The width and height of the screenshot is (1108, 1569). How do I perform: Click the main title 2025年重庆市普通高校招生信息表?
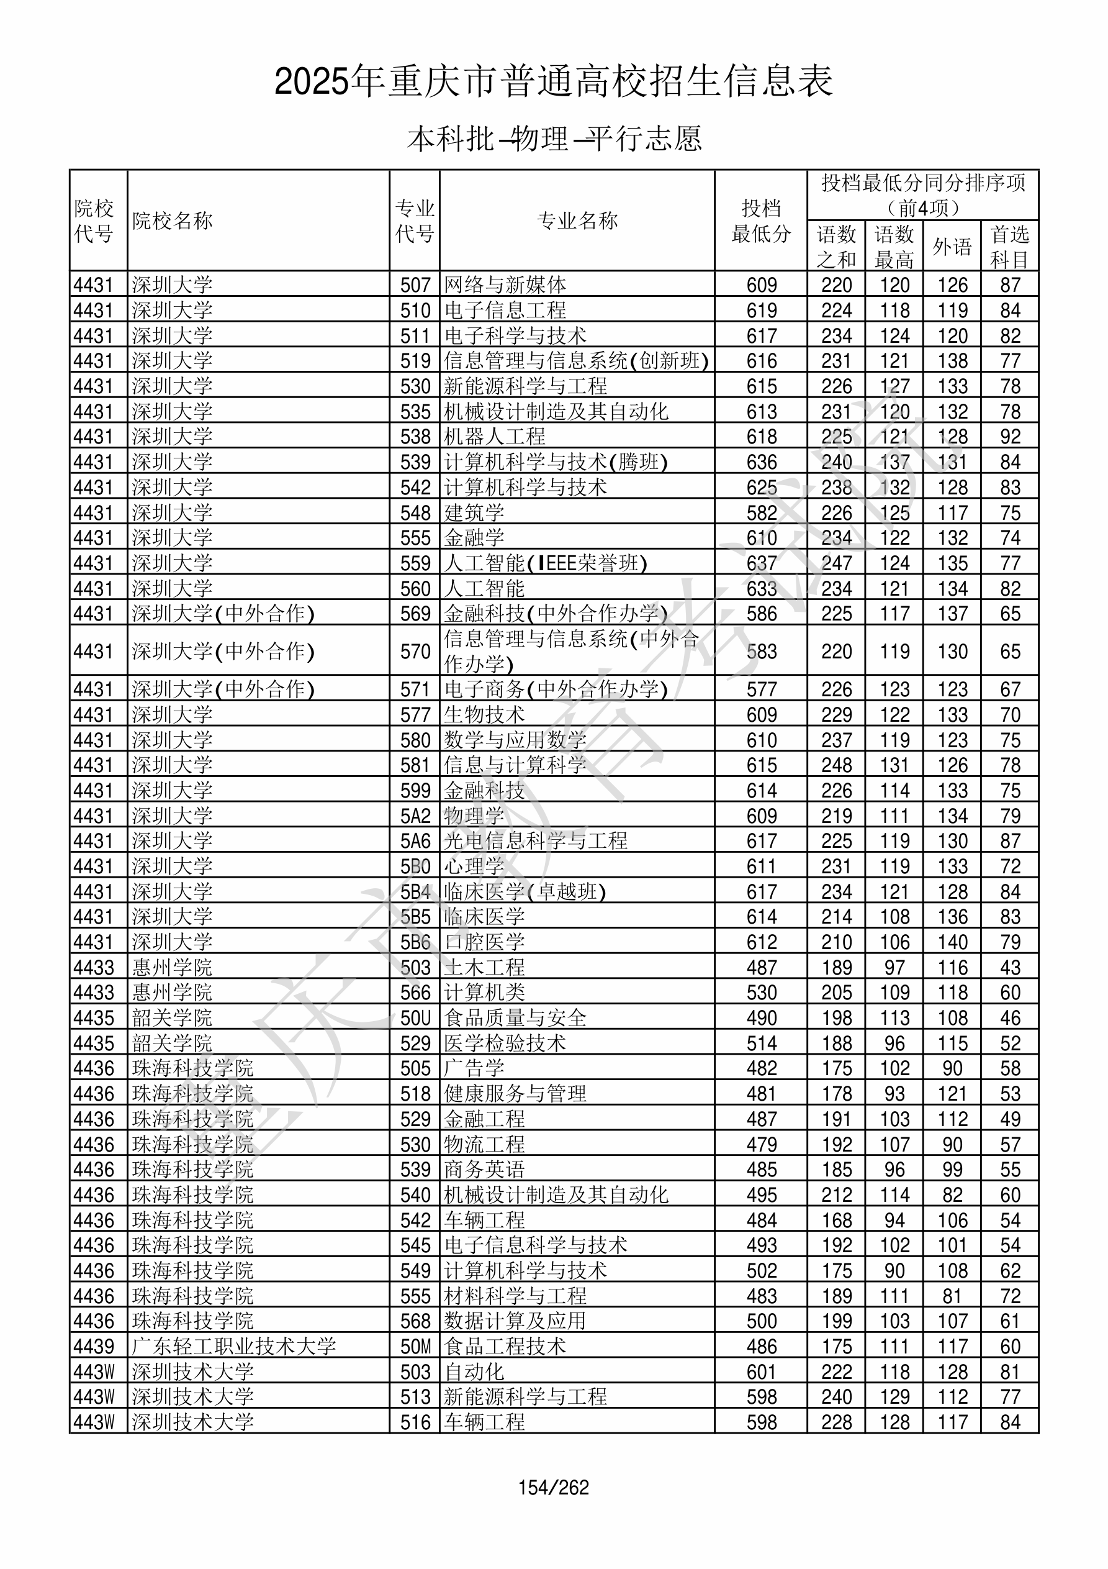(x=553, y=82)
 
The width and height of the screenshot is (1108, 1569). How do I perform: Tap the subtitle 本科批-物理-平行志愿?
(x=554, y=139)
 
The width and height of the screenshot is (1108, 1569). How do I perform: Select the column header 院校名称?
(x=172, y=221)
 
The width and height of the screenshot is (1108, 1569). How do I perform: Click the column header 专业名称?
(x=577, y=221)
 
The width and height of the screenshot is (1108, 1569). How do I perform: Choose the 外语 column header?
(x=952, y=246)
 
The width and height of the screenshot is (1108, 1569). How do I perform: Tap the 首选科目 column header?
(x=1010, y=246)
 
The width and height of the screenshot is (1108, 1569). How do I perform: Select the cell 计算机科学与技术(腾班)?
(x=556, y=462)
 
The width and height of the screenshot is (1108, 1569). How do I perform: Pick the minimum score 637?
(x=761, y=563)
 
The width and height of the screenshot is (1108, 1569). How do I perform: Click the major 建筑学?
(x=474, y=512)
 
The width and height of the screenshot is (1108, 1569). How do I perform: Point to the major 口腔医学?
(x=484, y=942)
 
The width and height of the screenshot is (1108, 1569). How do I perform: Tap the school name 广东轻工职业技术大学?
(x=233, y=1346)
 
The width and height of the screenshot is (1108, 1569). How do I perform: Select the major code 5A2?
(x=415, y=816)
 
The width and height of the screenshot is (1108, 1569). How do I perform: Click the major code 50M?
(x=415, y=1346)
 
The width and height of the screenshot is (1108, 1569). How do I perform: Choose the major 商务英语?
(x=484, y=1169)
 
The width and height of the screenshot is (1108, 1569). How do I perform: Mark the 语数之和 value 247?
(x=836, y=563)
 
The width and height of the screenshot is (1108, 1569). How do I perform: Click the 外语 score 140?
(x=952, y=942)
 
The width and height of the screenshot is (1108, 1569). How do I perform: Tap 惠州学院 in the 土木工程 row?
(x=172, y=968)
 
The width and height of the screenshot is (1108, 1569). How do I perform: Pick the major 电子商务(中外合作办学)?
(x=556, y=689)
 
